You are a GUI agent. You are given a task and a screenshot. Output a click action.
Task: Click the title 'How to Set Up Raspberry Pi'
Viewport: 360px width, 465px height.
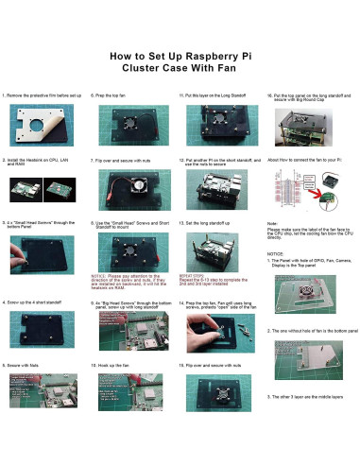pos(180,56)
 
